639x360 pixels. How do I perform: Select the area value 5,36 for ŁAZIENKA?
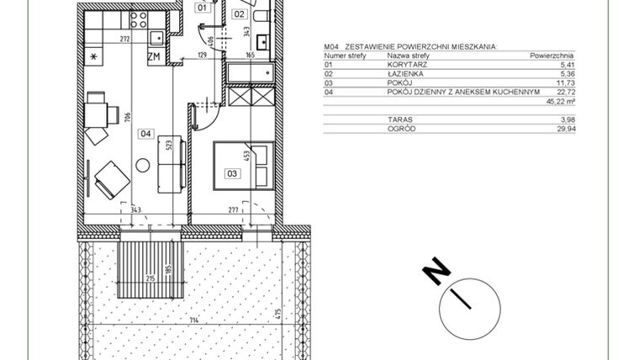click(x=562, y=73)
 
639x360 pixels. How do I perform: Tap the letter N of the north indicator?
click(x=436, y=273)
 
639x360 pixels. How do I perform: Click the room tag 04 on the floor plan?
click(x=145, y=132)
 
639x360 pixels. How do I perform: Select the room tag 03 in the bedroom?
click(x=232, y=173)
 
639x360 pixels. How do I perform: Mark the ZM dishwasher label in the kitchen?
click(x=154, y=56)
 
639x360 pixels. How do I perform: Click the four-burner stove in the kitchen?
click(x=136, y=21)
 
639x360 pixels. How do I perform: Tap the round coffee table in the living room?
click(x=143, y=164)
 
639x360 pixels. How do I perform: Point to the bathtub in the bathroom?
click(x=249, y=72)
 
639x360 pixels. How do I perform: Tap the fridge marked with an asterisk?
click(x=94, y=56)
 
